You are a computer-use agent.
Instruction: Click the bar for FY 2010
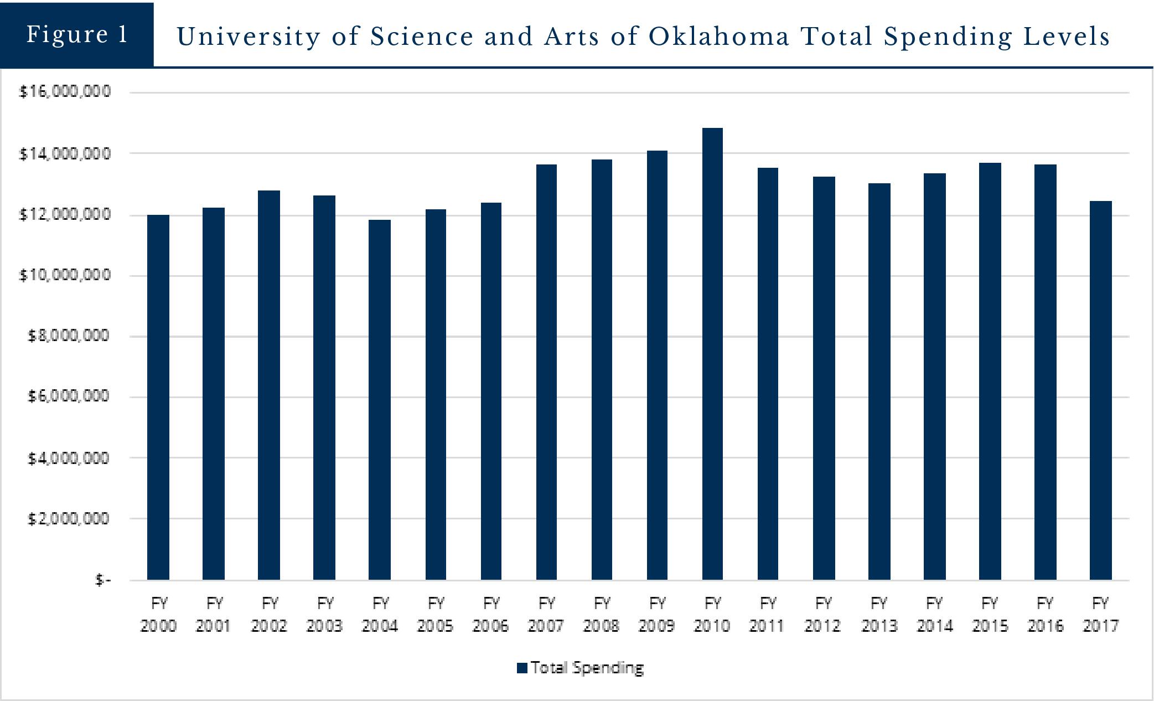tap(712, 354)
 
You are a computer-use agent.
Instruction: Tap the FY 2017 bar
tap(1100, 390)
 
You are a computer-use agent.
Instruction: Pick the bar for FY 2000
tap(158, 397)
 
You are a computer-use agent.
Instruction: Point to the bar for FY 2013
tap(879, 382)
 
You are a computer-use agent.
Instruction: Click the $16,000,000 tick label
tap(65, 91)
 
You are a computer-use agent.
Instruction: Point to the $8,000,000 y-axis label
tap(69, 336)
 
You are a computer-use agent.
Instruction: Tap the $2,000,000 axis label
tap(69, 519)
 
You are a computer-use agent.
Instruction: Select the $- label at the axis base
tap(103, 580)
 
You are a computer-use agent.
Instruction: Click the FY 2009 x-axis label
tap(657, 614)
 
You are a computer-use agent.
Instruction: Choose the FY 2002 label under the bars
tap(269, 614)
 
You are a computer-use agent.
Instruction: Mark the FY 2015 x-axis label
tap(990, 614)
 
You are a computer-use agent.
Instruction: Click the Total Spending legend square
tap(522, 668)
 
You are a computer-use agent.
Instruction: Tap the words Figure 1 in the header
tap(77, 34)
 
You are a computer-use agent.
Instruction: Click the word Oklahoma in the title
tap(719, 37)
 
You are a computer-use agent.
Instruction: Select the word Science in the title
tap(422, 37)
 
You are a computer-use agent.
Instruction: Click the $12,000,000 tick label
tap(65, 214)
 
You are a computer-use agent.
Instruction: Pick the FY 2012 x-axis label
tap(823, 614)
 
